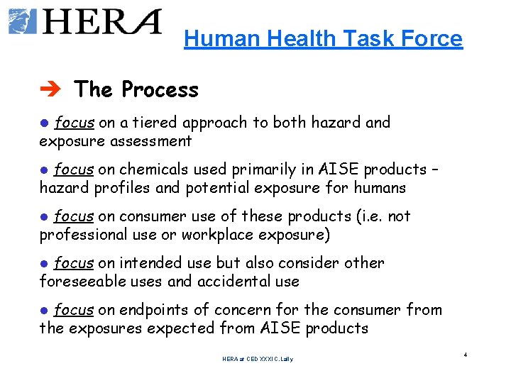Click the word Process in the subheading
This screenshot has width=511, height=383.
(160, 89)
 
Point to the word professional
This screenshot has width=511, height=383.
(82, 235)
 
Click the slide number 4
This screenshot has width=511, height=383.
(464, 354)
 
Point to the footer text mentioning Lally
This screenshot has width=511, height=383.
(257, 360)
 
